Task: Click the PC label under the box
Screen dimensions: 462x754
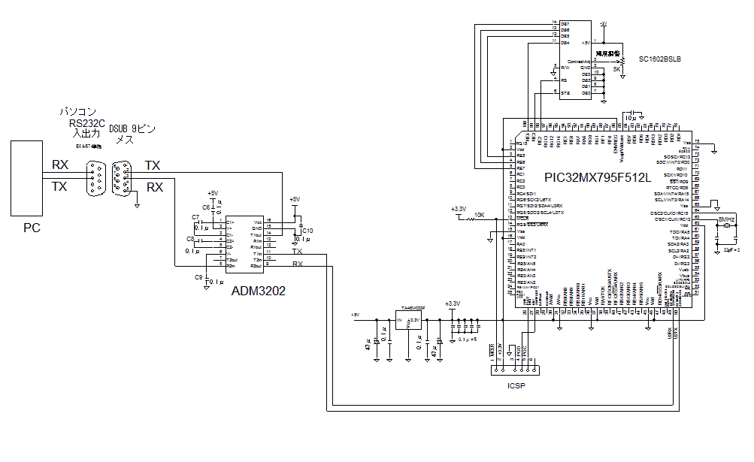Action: [32, 228]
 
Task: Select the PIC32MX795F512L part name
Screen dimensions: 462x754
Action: [598, 177]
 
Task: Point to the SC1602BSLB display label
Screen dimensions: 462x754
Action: [659, 59]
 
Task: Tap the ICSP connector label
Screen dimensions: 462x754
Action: [516, 386]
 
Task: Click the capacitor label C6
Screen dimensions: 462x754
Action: [206, 207]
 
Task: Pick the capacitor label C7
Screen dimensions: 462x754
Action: [195, 217]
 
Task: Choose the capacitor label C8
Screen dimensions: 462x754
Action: [190, 239]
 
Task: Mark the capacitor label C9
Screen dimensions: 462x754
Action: [198, 277]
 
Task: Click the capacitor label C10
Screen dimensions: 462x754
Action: [307, 230]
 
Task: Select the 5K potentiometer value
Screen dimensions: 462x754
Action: [616, 69]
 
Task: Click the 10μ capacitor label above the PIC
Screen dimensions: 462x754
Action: [631, 118]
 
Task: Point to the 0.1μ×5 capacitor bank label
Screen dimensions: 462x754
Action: [468, 340]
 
